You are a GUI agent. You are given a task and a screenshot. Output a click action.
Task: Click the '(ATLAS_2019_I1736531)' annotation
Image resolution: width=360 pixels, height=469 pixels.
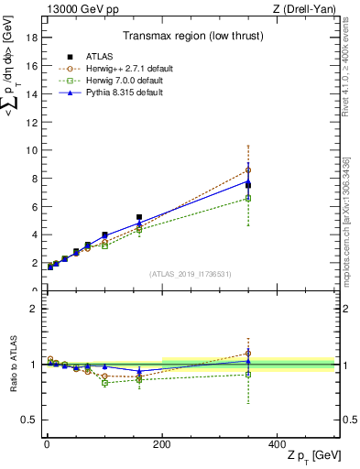point(190,273)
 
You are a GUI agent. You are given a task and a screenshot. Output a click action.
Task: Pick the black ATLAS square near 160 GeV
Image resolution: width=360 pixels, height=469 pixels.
point(139,217)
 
